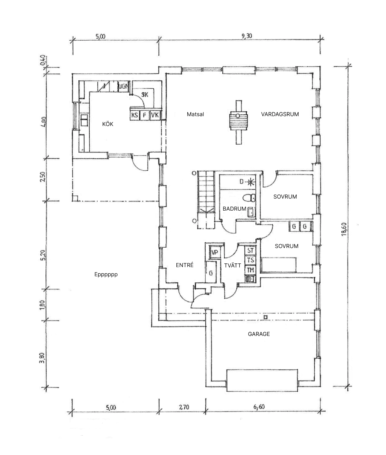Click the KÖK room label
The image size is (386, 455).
pyautogui.click(x=108, y=124)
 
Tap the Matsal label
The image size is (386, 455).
pyautogui.click(x=195, y=114)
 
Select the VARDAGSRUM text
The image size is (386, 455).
pyautogui.click(x=280, y=114)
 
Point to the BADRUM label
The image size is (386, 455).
pyautogui.click(x=234, y=209)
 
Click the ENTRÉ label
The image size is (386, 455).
pyautogui.click(x=184, y=265)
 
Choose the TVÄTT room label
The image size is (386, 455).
pyautogui.click(x=233, y=265)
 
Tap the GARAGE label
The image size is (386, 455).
pyautogui.click(x=259, y=334)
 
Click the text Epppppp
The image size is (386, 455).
pyautogui.click(x=106, y=274)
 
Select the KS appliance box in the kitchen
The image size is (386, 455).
pyautogui.click(x=135, y=115)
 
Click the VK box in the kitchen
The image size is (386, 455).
pyautogui.click(x=155, y=115)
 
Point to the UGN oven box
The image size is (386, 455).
pyautogui.click(x=123, y=87)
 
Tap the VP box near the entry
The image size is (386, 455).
pyautogui.click(x=215, y=252)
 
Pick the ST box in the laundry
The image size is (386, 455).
pyautogui.click(x=250, y=251)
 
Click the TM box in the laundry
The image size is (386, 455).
pyautogui.click(x=250, y=270)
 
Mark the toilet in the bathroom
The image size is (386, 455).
pyautogui.click(x=251, y=198)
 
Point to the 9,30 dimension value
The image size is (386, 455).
pyautogui.click(x=247, y=36)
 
